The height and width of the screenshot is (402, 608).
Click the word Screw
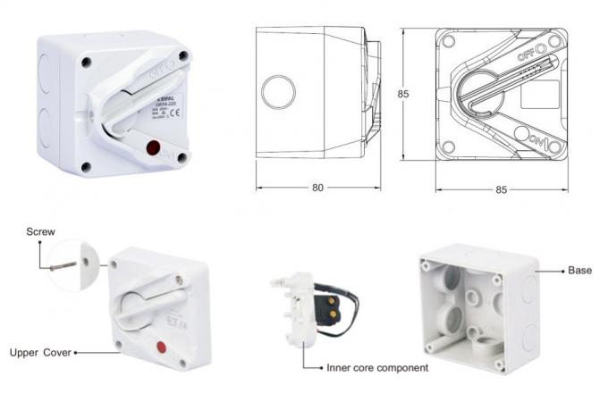(40, 231)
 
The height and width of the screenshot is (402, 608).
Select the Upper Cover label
(41, 352)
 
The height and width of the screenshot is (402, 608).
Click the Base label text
(580, 270)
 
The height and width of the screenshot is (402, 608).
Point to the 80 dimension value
(318, 188)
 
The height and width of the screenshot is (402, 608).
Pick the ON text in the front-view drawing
(536, 140)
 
